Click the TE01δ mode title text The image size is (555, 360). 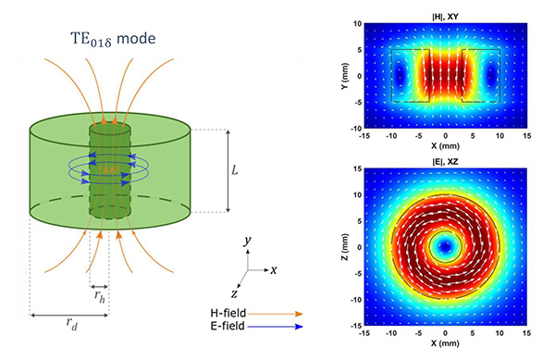click(x=113, y=39)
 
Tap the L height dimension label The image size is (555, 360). click(x=235, y=170)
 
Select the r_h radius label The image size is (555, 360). click(x=100, y=296)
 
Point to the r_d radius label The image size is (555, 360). click(x=72, y=323)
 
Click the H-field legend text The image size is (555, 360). click(x=228, y=313)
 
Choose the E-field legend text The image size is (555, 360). click(x=228, y=326)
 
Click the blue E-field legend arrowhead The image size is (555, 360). click(x=299, y=327)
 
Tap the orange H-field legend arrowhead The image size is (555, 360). click(x=299, y=314)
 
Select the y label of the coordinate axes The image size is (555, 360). click(x=247, y=241)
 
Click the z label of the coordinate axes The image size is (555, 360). click(x=234, y=293)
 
